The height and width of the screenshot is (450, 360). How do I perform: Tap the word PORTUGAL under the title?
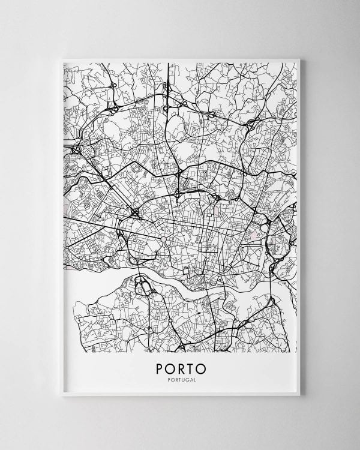pos(180,379)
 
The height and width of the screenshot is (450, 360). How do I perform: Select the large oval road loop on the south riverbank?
pos(144,287)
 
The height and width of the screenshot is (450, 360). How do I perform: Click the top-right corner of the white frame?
pos(302,56)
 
